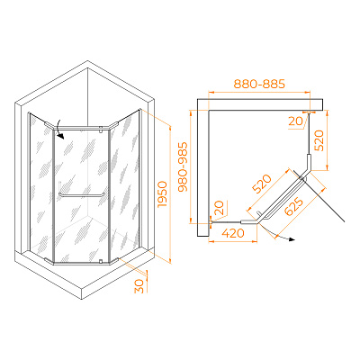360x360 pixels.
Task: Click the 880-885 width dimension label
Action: [259, 84]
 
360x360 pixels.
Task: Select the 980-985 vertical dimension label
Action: [183, 166]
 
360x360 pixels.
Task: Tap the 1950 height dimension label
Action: [162, 193]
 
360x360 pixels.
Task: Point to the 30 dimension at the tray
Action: [139, 286]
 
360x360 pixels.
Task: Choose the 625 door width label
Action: [294, 207]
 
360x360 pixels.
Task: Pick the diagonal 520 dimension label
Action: [262, 184]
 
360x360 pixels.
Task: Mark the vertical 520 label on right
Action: [319, 140]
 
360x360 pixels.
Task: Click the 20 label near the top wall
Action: [295, 121]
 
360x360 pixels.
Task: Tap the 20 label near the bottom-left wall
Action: [220, 208]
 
